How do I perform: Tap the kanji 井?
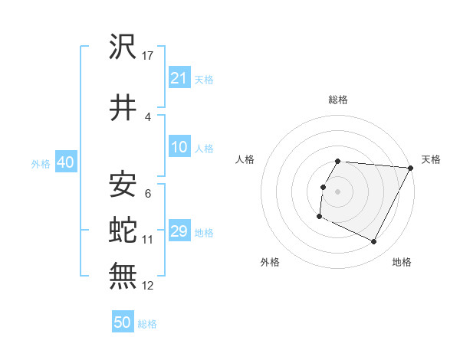click(x=123, y=107)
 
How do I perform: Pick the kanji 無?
click(x=123, y=275)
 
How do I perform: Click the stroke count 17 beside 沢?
click(x=149, y=56)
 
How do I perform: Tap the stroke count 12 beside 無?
click(x=149, y=285)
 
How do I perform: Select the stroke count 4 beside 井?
click(x=147, y=117)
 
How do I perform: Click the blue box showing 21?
click(x=179, y=77)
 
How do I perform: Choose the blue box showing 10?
click(x=179, y=147)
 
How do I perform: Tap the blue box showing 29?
click(x=179, y=231)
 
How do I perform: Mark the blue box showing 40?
click(x=65, y=162)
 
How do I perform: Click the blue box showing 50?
click(x=123, y=322)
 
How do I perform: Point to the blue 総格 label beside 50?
click(x=147, y=324)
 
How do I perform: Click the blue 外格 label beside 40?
click(x=41, y=163)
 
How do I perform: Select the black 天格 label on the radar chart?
click(x=431, y=159)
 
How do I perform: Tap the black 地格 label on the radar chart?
click(x=402, y=262)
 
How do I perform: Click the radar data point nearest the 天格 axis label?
click(x=411, y=168)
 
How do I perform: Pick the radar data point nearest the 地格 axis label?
click(x=374, y=242)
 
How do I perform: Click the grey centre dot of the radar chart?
click(x=338, y=191)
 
